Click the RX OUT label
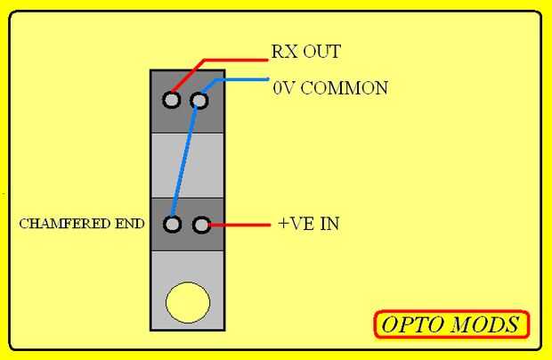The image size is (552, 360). pos(305,52)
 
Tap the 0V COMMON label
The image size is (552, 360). pos(330,88)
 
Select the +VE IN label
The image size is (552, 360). pos(308,223)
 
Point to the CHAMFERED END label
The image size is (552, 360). pos(81,224)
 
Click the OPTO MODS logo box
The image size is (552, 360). pos(451,324)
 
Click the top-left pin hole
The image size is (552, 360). pos(171,99)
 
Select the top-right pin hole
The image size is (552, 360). pos(199,99)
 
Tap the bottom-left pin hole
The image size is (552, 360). pos(173,224)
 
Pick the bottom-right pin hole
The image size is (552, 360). pos(201,224)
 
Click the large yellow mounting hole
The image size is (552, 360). pos(188,302)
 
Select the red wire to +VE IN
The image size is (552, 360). pos(239,225)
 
